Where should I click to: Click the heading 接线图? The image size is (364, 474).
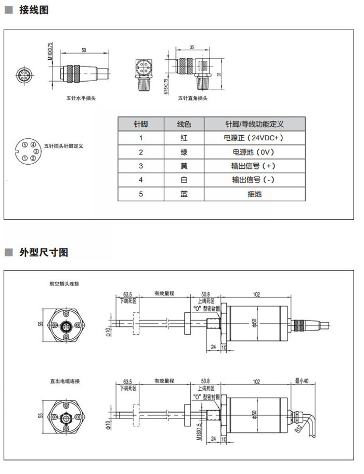pyautogui.click(x=33, y=10)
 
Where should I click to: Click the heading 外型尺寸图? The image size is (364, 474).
pyautogui.click(x=44, y=253)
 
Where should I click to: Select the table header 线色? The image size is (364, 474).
pyautogui.click(x=184, y=124)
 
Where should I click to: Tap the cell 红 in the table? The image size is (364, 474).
pyautogui.click(x=184, y=138)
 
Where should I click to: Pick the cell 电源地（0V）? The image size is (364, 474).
pyautogui.click(x=254, y=152)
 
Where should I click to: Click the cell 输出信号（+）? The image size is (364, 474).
pyautogui.click(x=254, y=166)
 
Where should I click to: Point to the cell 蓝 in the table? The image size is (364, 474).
pyautogui.click(x=184, y=194)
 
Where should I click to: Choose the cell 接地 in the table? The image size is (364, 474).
pyautogui.click(x=254, y=194)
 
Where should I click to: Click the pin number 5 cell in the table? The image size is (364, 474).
pyautogui.click(x=140, y=194)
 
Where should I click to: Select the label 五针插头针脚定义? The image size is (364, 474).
pyautogui.click(x=64, y=146)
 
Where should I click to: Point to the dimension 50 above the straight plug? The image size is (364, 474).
pyautogui.click(x=84, y=50)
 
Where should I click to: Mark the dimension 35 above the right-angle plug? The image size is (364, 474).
pyautogui.click(x=192, y=47)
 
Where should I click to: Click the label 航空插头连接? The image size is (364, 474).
pyautogui.click(x=64, y=284)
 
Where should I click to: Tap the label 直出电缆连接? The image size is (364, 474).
pyautogui.click(x=64, y=381)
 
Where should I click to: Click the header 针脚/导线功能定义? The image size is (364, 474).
pyautogui.click(x=254, y=124)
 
